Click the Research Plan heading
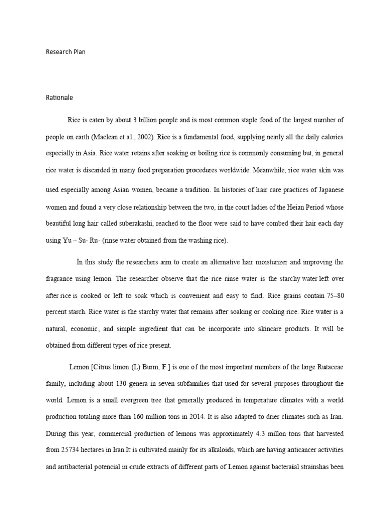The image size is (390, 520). pos(66,52)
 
